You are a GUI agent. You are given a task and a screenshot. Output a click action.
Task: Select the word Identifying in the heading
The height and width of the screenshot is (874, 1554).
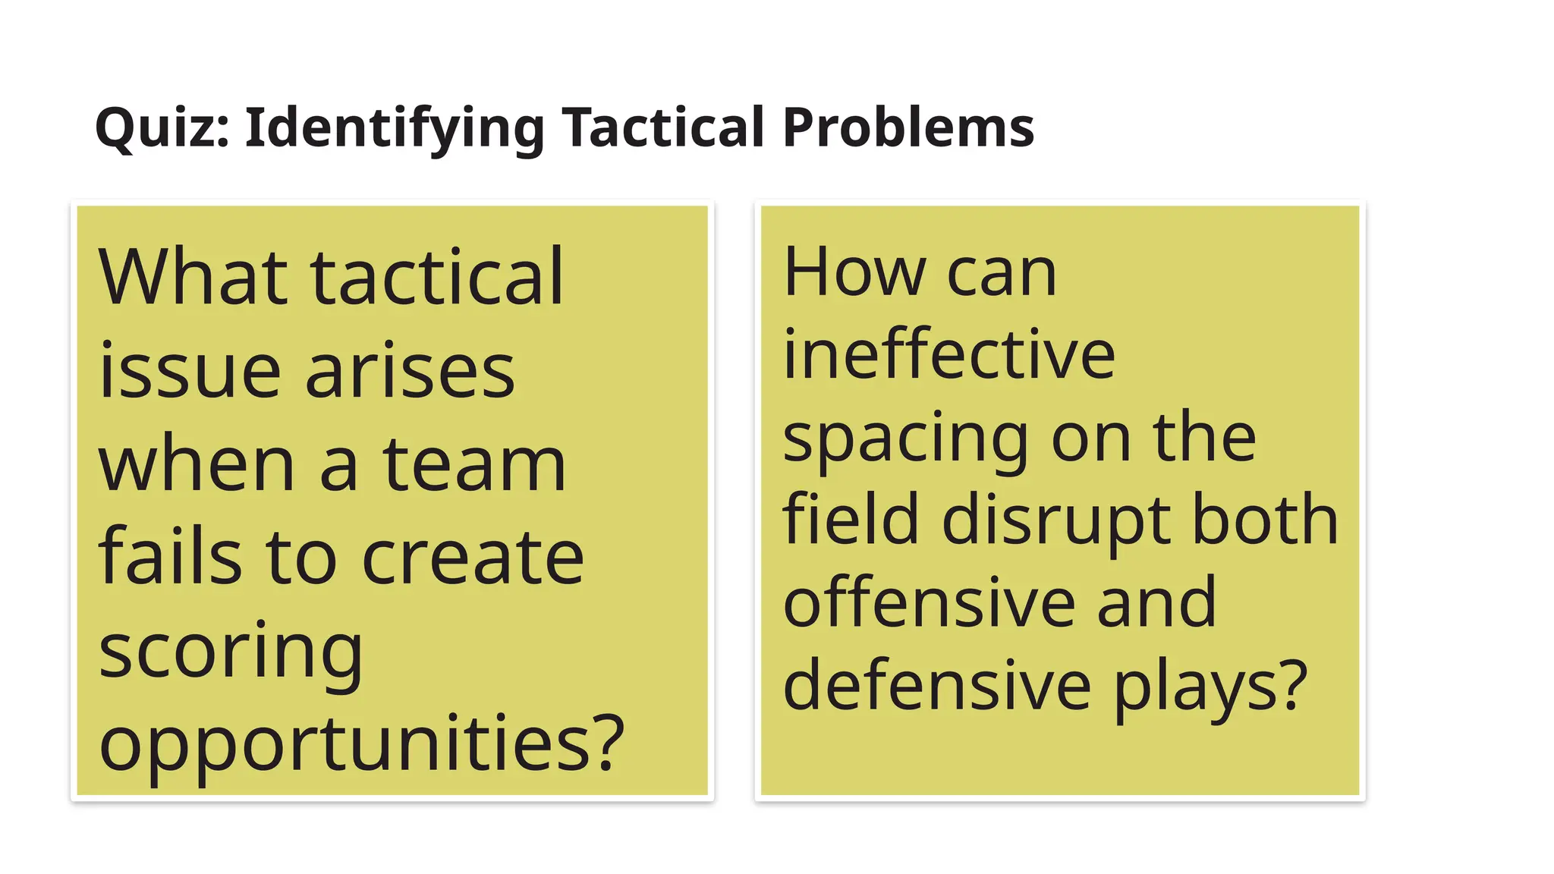[x=395, y=127]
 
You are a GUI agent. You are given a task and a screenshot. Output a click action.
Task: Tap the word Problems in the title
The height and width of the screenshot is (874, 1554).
[x=908, y=127]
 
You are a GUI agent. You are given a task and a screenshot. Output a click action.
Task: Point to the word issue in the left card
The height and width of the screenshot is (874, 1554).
[x=189, y=372]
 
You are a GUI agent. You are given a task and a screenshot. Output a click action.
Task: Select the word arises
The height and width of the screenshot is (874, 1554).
[x=410, y=372]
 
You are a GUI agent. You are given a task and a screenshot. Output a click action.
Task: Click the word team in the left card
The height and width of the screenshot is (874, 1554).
[x=473, y=464]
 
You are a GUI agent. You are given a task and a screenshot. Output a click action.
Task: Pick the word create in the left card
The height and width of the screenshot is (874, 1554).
[x=473, y=558]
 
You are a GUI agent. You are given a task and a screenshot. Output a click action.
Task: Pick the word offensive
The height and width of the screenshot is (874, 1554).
[x=928, y=602]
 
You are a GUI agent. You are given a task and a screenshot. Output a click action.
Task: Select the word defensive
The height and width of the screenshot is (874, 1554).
[x=937, y=685]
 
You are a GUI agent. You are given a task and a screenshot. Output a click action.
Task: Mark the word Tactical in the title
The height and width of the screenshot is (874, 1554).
[x=663, y=127]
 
